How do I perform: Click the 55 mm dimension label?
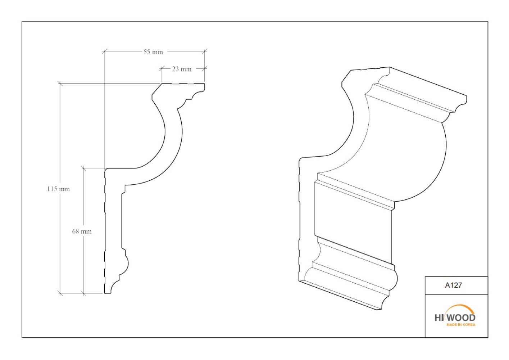153,52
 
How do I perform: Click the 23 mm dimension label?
182,69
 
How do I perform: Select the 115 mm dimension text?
58,189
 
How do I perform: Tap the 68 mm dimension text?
82,231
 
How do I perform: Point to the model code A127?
453,285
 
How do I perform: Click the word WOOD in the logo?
462,318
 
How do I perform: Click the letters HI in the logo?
439,318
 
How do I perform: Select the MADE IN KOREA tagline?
461,324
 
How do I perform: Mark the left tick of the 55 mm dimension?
104,51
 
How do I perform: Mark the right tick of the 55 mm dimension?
205,51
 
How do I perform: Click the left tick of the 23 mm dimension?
162,68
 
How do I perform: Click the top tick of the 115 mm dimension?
60,84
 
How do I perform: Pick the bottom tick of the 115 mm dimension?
60,293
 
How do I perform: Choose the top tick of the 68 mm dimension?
83,168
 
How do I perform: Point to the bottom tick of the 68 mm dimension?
83,293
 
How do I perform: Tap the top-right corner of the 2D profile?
205,84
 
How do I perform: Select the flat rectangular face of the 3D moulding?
353,222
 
